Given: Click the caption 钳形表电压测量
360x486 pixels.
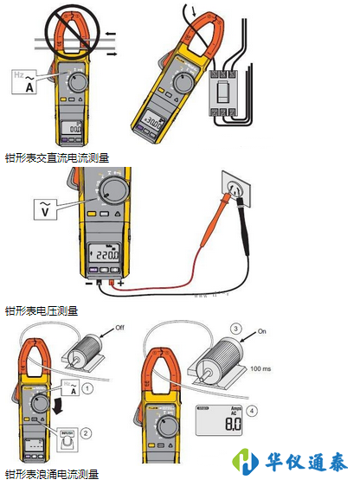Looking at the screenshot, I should [x=42, y=310].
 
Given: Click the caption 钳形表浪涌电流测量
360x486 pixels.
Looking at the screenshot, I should [x=52, y=474].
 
